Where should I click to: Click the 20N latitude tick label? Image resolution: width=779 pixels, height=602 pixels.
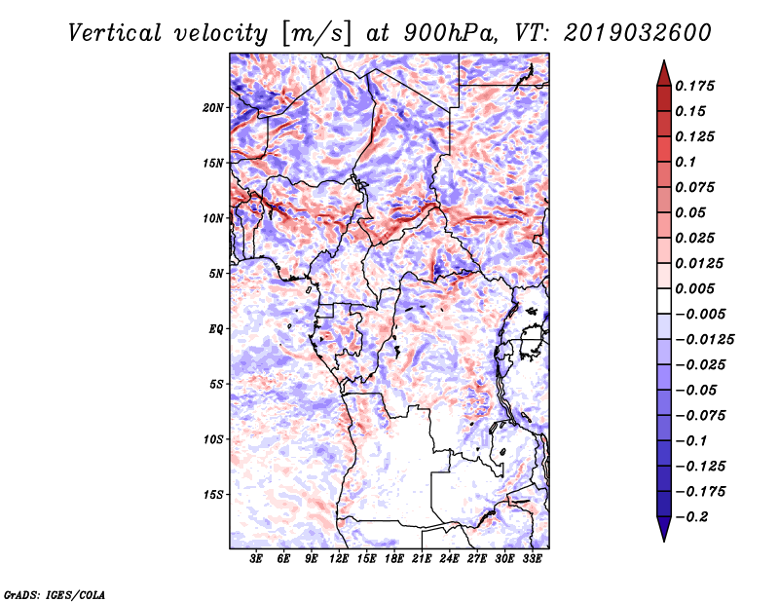[x=213, y=107]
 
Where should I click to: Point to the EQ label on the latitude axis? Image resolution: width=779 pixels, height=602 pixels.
[x=215, y=329]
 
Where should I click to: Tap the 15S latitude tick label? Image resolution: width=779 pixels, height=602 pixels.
[x=213, y=495]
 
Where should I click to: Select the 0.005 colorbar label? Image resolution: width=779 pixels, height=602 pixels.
[x=697, y=288]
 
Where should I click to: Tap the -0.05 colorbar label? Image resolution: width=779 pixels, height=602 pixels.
[x=697, y=390]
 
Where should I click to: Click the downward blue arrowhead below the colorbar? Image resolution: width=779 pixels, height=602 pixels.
[x=663, y=531]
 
